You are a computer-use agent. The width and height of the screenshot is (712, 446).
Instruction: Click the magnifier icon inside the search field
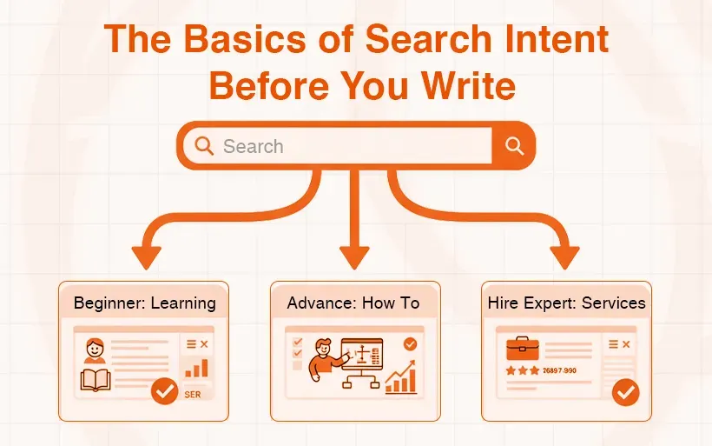click(x=205, y=145)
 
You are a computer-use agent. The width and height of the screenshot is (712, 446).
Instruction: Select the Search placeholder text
click(x=253, y=146)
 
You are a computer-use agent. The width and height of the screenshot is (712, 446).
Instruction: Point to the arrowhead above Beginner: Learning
click(x=147, y=256)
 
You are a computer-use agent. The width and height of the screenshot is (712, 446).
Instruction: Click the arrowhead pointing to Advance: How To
click(x=354, y=256)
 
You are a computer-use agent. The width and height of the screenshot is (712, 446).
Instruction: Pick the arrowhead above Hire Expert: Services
click(x=564, y=256)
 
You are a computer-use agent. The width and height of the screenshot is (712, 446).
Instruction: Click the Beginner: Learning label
click(x=144, y=303)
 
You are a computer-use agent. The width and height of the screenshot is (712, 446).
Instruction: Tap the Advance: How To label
click(x=353, y=303)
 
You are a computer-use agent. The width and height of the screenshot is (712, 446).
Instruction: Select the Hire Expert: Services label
click(x=566, y=303)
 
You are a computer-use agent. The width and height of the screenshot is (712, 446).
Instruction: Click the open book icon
click(x=95, y=381)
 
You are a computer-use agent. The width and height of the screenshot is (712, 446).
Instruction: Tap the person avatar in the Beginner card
click(x=95, y=350)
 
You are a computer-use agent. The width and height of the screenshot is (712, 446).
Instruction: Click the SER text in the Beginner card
click(x=193, y=394)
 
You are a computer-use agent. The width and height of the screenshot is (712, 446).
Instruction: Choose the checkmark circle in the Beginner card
click(x=164, y=391)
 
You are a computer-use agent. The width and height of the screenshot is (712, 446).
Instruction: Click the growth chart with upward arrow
click(x=401, y=378)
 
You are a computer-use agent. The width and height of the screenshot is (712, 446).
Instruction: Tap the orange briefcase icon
click(x=523, y=347)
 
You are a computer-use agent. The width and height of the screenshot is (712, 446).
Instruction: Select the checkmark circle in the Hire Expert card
click(x=625, y=392)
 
